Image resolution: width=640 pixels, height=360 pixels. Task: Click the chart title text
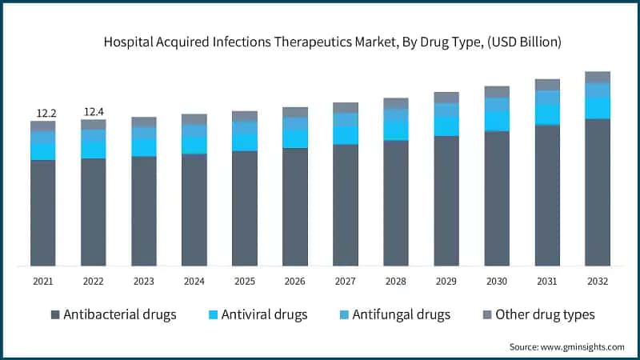tap(321, 42)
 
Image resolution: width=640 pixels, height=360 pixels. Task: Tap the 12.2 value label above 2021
tap(42, 113)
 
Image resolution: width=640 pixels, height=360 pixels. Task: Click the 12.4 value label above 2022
tap(93, 111)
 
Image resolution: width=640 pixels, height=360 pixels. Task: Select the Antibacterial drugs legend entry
tap(112, 314)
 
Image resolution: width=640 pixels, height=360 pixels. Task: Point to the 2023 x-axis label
tap(143, 282)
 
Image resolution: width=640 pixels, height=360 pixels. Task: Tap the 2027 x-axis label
tap(345, 282)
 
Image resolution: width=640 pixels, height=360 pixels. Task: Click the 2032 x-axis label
tap(598, 282)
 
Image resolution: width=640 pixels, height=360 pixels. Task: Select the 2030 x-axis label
tap(497, 282)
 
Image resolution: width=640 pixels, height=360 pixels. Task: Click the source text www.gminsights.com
tap(566, 346)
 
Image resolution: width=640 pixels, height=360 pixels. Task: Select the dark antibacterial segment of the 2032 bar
tap(598, 192)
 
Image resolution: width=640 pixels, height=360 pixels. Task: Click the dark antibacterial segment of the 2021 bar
tap(42, 213)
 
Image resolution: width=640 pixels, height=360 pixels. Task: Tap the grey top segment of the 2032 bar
tap(598, 77)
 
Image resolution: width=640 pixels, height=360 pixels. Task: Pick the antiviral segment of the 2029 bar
tap(446, 126)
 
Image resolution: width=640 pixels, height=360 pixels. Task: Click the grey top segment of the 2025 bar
tap(244, 116)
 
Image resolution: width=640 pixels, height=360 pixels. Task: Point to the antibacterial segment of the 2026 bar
tap(294, 206)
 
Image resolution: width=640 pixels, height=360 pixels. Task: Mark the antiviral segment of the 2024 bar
tap(194, 144)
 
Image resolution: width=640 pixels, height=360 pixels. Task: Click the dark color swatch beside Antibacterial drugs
tap(55, 314)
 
